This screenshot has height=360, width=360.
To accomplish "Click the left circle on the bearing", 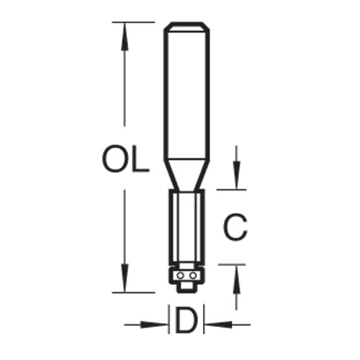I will pyautogui.click(x=181, y=274).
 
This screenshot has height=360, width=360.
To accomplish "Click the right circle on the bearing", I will pyautogui.click(x=192, y=274).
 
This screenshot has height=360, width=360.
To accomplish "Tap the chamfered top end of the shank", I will pyautogui.click(x=186, y=27).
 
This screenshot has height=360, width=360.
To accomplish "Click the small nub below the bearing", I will pyautogui.click(x=186, y=287).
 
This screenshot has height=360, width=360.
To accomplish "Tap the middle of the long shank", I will pyautogui.click(x=186, y=94).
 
